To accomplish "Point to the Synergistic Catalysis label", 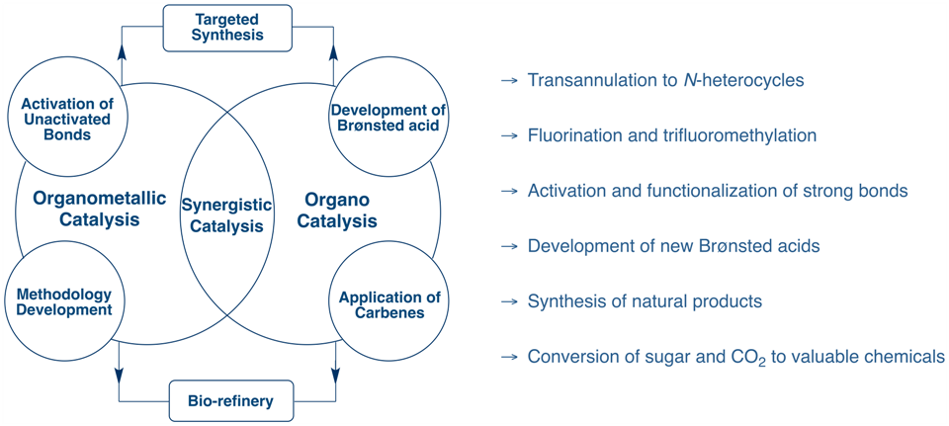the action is pyautogui.click(x=227, y=215).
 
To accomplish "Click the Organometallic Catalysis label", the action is pyautogui.click(x=99, y=210).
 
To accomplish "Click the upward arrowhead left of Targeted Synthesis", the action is pyautogui.click(x=122, y=52).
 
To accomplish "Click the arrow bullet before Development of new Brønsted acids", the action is pyautogui.click(x=510, y=246).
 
